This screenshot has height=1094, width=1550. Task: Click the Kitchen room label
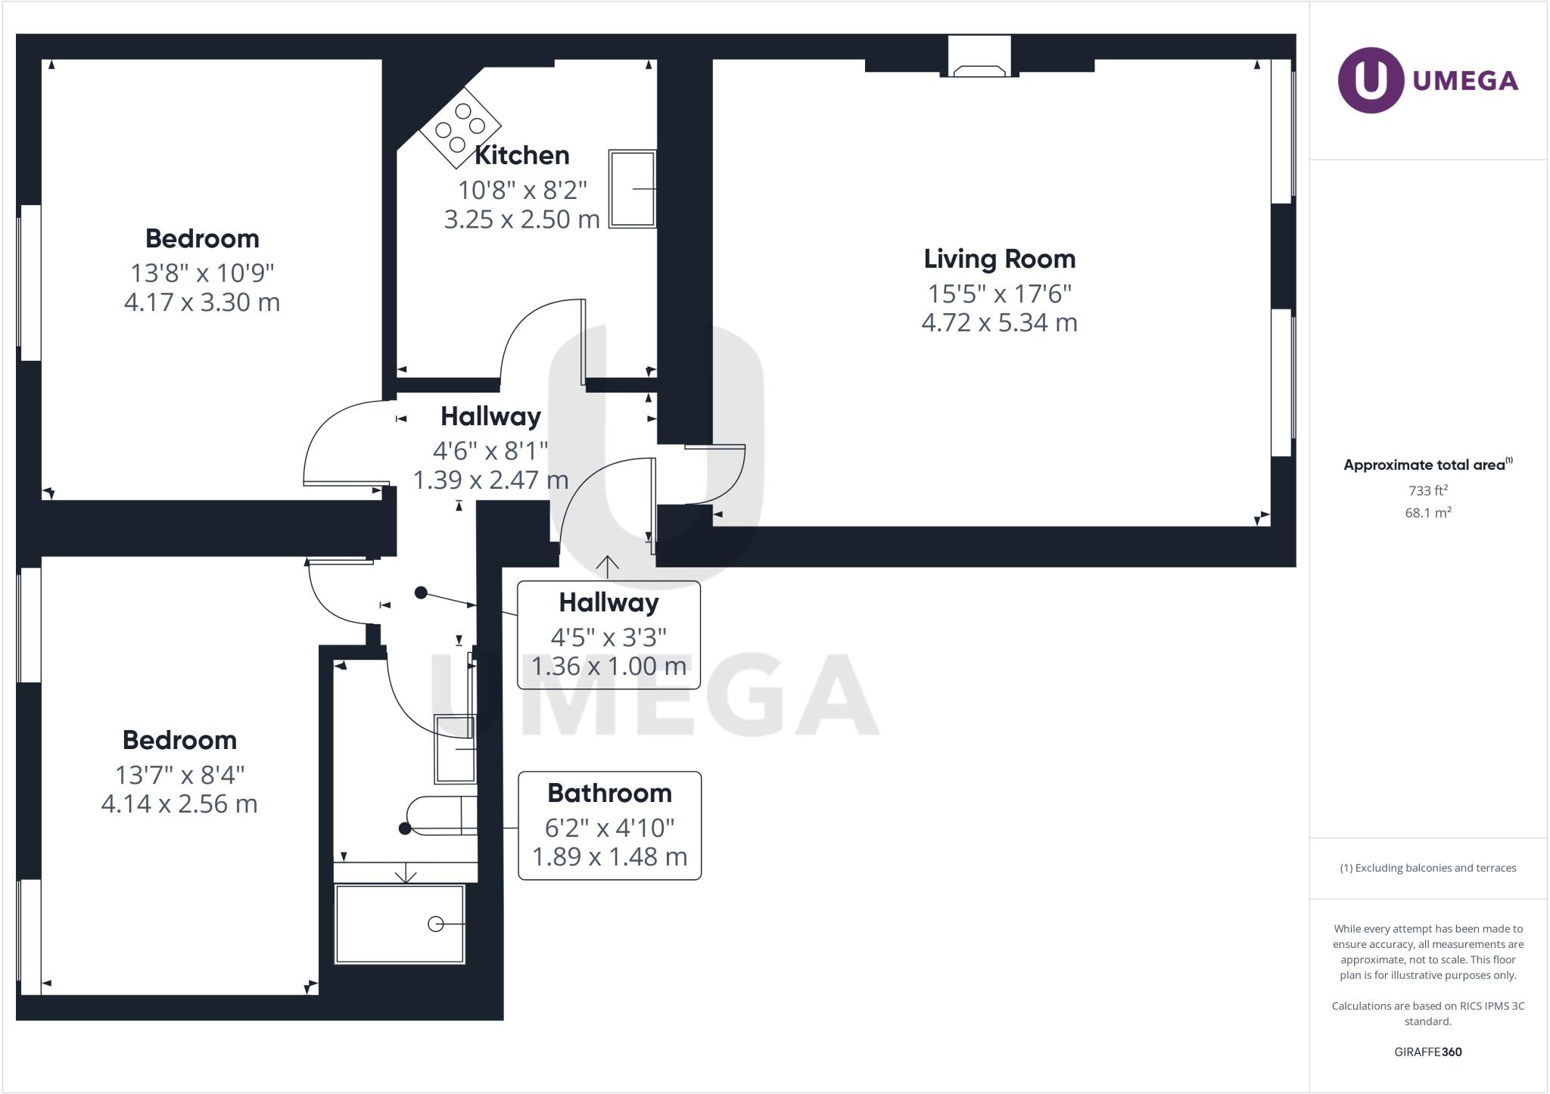521,155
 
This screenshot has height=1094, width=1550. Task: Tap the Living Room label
999,259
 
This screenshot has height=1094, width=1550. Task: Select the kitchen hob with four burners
460,127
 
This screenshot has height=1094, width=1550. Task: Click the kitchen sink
632,188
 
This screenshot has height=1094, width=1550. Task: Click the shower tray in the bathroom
400,924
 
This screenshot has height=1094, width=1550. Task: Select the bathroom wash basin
455,748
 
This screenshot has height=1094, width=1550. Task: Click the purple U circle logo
1371,80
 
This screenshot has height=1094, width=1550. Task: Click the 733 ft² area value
1428,490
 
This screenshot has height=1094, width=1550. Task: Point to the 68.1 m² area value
1428,512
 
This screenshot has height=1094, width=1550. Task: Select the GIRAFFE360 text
1428,1052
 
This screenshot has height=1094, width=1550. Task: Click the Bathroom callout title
609,793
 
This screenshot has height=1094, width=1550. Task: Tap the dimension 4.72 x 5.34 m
999,323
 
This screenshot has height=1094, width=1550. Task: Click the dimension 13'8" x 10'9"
202,272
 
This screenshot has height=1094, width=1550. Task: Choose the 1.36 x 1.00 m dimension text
609,667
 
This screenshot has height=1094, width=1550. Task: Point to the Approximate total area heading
1428,465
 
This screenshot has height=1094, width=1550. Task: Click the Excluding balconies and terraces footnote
1428,868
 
